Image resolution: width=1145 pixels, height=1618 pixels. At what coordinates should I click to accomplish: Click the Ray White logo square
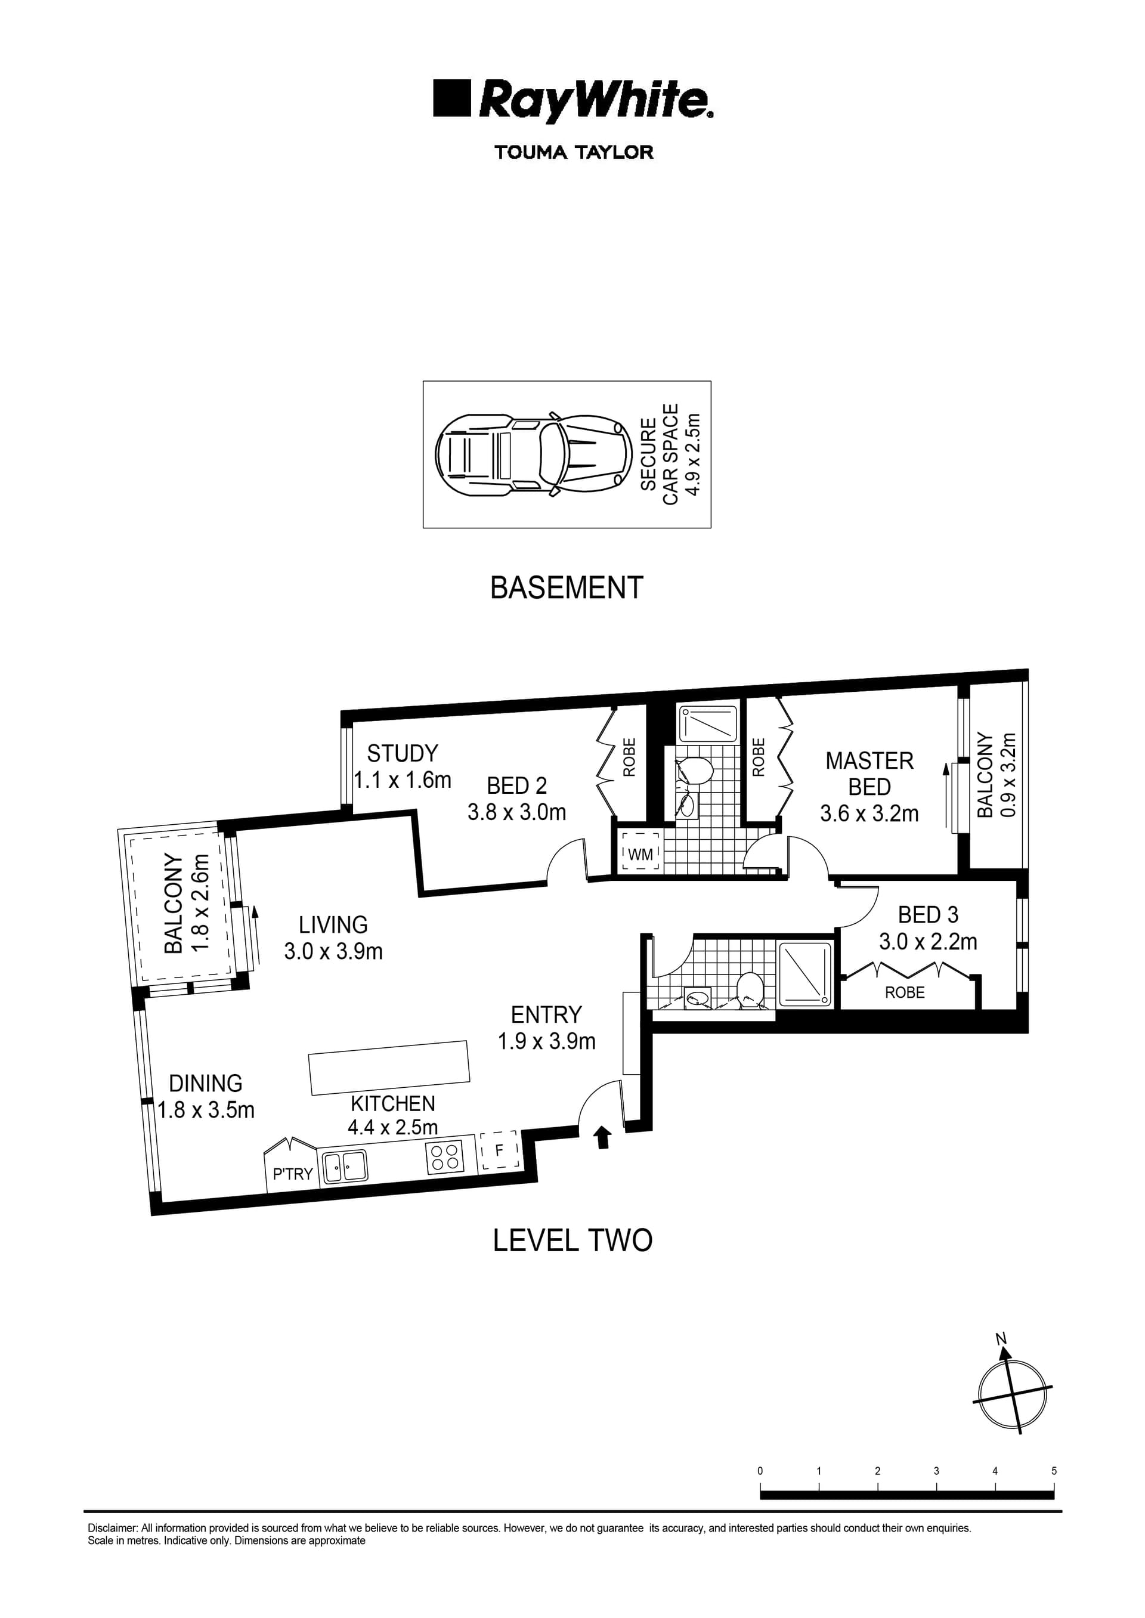click(x=451, y=98)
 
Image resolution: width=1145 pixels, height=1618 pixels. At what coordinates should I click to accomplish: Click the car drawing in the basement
click(x=533, y=453)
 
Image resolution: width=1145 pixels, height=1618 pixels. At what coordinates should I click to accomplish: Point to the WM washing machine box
click(x=640, y=855)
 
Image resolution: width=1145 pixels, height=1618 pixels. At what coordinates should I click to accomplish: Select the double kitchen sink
click(x=344, y=1166)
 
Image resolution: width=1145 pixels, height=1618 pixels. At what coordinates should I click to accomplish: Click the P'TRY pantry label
click(x=293, y=1174)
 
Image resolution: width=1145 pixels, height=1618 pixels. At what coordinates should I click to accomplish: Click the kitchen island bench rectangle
click(x=389, y=1068)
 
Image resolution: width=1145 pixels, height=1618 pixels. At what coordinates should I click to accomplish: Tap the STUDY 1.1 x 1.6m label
click(x=403, y=767)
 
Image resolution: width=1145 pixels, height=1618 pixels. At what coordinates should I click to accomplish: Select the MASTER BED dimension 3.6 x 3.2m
click(x=869, y=813)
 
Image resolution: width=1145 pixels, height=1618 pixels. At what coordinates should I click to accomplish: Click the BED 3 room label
click(x=928, y=915)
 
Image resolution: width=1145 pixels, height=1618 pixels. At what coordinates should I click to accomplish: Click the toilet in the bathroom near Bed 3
click(x=747, y=988)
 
